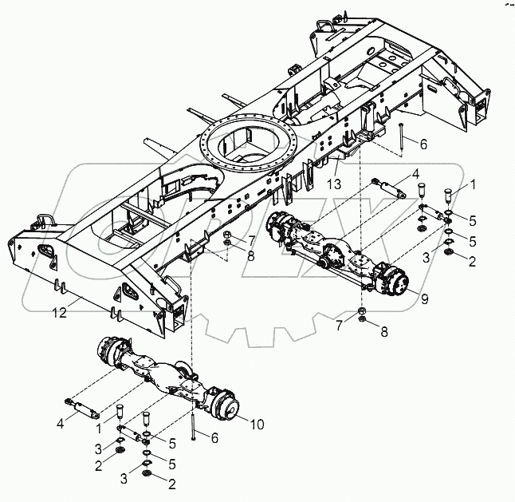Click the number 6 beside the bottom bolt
click(x=212, y=437)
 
